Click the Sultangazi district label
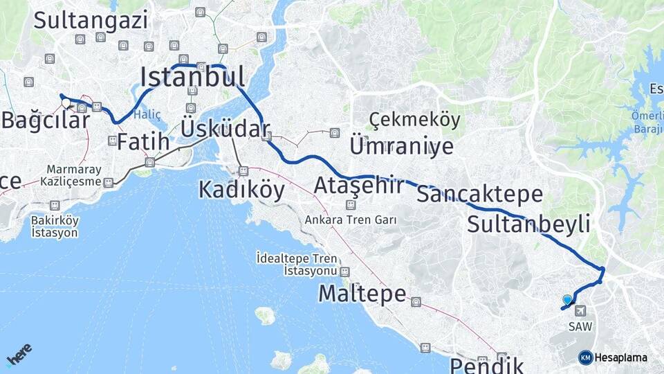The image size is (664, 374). tap(91, 20)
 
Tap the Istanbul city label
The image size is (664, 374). tap(193, 75)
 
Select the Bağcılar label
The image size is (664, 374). tap(46, 120)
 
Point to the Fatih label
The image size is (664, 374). tap(143, 142)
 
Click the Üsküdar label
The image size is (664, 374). tap(224, 129)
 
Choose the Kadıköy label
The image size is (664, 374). tap(241, 189)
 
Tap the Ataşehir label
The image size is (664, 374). tap(358, 186)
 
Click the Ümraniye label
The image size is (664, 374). tap(401, 146)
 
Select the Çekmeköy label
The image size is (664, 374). tap(414, 120)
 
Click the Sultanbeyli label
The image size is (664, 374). tap(528, 224)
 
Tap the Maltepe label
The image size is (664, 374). tap(362, 294)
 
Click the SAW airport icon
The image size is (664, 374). tap(578, 311)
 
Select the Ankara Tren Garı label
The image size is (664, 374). tap(351, 220)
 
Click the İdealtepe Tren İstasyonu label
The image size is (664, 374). tap(300, 263)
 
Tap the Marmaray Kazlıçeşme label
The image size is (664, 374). tap(74, 175)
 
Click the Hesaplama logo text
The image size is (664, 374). tap(620, 357)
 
